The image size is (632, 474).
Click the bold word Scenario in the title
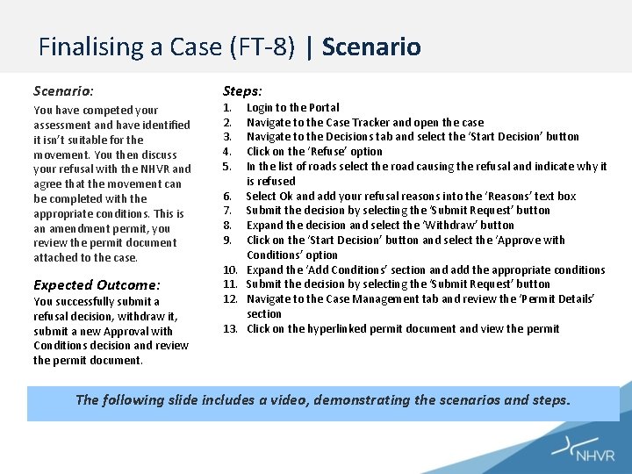371,47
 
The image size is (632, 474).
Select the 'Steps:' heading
242,90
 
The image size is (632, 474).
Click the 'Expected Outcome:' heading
97,284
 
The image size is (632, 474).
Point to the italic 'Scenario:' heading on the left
63,90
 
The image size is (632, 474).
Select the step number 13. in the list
230,328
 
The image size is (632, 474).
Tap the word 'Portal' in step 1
323,107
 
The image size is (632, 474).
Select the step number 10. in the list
230,269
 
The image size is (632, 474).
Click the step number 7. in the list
226,210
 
